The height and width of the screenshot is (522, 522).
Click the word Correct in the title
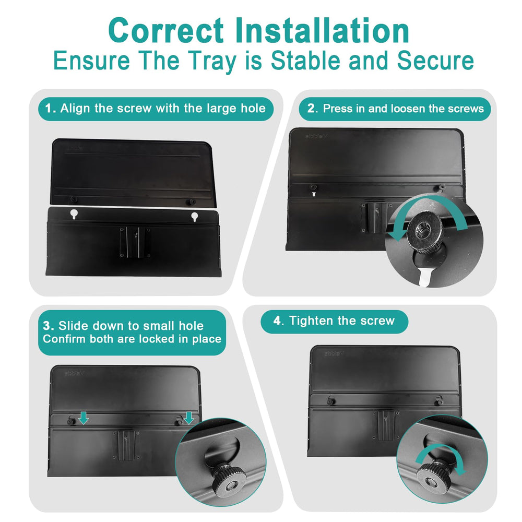pos(166,30)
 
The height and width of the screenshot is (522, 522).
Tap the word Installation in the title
pos(322,30)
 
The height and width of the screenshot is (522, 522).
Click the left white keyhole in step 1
pos(74,214)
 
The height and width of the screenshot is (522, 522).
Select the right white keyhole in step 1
pos(194,217)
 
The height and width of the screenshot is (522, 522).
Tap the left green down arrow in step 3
pos(84,418)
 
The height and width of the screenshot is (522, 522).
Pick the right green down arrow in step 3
pos(189,418)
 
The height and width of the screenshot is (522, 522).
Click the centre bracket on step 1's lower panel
pos(135,242)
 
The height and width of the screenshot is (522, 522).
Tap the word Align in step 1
pos(76,109)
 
